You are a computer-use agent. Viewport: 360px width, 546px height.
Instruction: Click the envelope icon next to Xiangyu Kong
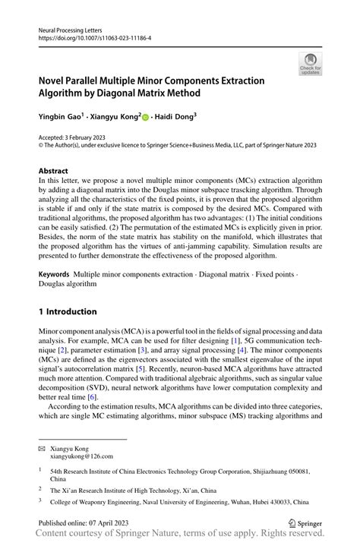pyautogui.click(x=42, y=450)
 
